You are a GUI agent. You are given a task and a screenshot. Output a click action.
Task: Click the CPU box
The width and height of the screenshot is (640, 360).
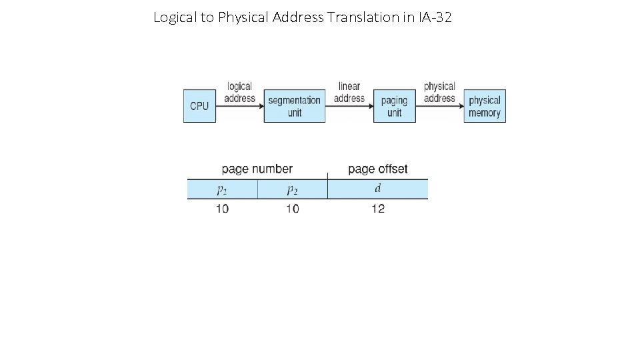point(199,106)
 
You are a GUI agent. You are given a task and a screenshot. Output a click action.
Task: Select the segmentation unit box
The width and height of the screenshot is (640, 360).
point(295,106)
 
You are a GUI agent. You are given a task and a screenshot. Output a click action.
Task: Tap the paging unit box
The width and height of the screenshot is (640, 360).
point(394,106)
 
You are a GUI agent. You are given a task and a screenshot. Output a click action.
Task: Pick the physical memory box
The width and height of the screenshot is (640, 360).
point(485,106)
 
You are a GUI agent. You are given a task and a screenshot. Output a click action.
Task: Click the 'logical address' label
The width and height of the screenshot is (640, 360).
point(239,92)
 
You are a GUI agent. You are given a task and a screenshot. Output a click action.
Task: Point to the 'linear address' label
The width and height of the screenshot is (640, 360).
point(349,92)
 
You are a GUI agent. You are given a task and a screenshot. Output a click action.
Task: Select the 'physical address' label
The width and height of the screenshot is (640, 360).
point(439,92)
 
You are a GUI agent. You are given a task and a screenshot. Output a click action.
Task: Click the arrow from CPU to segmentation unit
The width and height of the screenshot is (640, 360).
point(240,106)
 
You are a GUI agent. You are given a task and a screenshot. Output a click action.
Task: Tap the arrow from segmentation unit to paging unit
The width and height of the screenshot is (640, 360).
point(349,106)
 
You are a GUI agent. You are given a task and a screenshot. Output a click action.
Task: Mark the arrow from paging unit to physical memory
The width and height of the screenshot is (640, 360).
point(439,106)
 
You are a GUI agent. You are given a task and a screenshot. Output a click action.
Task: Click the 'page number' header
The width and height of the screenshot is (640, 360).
point(257,169)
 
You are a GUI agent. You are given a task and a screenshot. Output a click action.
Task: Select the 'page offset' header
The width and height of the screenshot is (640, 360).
point(378,169)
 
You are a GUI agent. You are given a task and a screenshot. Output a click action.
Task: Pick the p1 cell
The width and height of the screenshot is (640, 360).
point(222,189)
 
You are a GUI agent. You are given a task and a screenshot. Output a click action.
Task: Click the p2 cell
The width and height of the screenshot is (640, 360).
point(292,189)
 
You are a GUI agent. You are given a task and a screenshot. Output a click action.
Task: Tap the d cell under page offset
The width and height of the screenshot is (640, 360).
point(378,189)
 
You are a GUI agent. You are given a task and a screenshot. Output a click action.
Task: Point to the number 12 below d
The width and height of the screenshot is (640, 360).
point(378,209)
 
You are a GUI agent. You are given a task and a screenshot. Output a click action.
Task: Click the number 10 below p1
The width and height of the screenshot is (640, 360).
point(222,209)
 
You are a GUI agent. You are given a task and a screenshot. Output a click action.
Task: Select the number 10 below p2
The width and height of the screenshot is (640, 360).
point(292,209)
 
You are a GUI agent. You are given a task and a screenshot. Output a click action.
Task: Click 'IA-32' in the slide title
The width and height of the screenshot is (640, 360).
point(435,17)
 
